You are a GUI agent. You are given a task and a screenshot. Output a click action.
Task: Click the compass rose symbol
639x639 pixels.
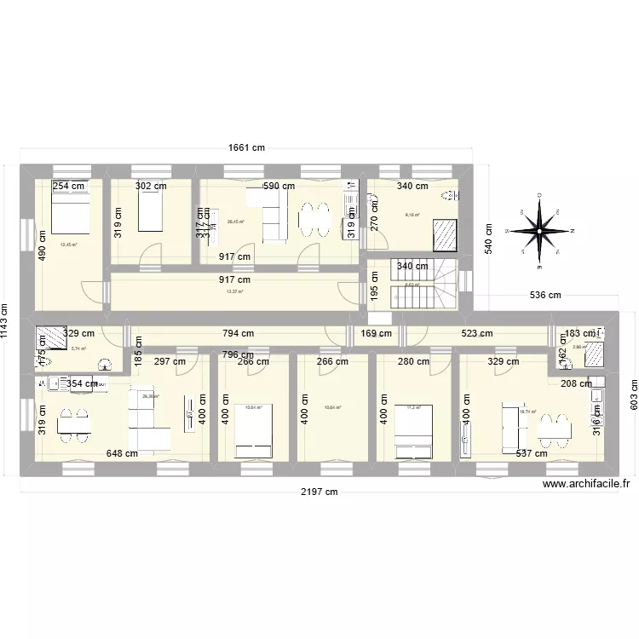click(x=539, y=231)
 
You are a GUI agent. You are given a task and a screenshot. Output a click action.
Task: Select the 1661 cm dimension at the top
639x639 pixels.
click(x=247, y=147)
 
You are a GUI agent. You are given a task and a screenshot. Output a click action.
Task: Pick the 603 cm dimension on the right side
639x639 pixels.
click(x=633, y=396)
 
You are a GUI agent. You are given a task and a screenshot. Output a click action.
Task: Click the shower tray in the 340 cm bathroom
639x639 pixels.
click(x=446, y=233)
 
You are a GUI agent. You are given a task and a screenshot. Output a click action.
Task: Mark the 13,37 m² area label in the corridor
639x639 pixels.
click(x=234, y=291)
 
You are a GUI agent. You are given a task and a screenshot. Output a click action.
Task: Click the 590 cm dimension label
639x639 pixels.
click(x=278, y=186)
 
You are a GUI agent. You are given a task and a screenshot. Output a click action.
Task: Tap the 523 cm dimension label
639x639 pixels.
click(x=475, y=334)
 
